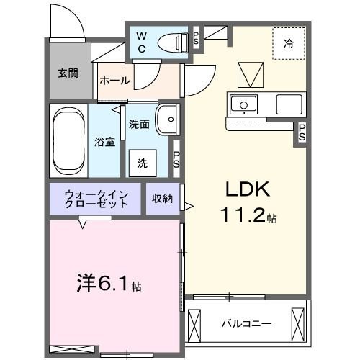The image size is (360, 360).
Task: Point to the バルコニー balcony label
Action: tap(246, 323)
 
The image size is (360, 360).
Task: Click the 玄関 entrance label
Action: tap(68, 73)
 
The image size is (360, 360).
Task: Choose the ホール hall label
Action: tap(115, 81)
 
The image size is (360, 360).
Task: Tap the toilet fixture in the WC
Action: tap(171, 41)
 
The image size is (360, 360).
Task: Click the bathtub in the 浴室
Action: tap(68, 141)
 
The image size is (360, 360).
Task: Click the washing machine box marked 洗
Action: tap(143, 163)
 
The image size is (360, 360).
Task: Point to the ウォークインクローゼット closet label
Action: tap(96, 199)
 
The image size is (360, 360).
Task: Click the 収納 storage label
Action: tap(163, 198)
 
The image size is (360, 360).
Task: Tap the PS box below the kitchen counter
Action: tap(302, 132)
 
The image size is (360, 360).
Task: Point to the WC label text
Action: tap(141, 42)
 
